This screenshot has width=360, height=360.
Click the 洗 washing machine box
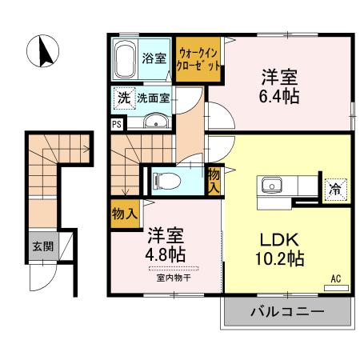click(x=123, y=98)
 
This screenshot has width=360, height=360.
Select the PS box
click(x=118, y=124)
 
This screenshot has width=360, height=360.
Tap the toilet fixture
click(x=164, y=178)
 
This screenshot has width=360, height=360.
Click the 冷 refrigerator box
click(x=333, y=190)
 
